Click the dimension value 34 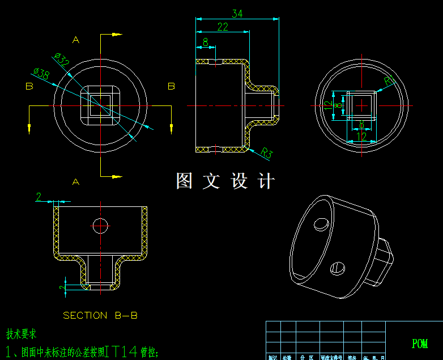[237, 14]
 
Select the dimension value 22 [222, 27]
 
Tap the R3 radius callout [267, 153]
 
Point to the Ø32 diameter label [61, 60]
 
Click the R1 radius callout [389, 81]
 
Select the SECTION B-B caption [100, 315]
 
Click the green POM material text [420, 344]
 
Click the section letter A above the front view [76, 40]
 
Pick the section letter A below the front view [76, 181]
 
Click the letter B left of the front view [29, 86]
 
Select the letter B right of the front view [171, 86]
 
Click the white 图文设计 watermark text [225, 181]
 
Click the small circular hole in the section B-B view [101, 225]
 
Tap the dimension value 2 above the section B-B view [39, 197]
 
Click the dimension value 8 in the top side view [205, 42]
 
